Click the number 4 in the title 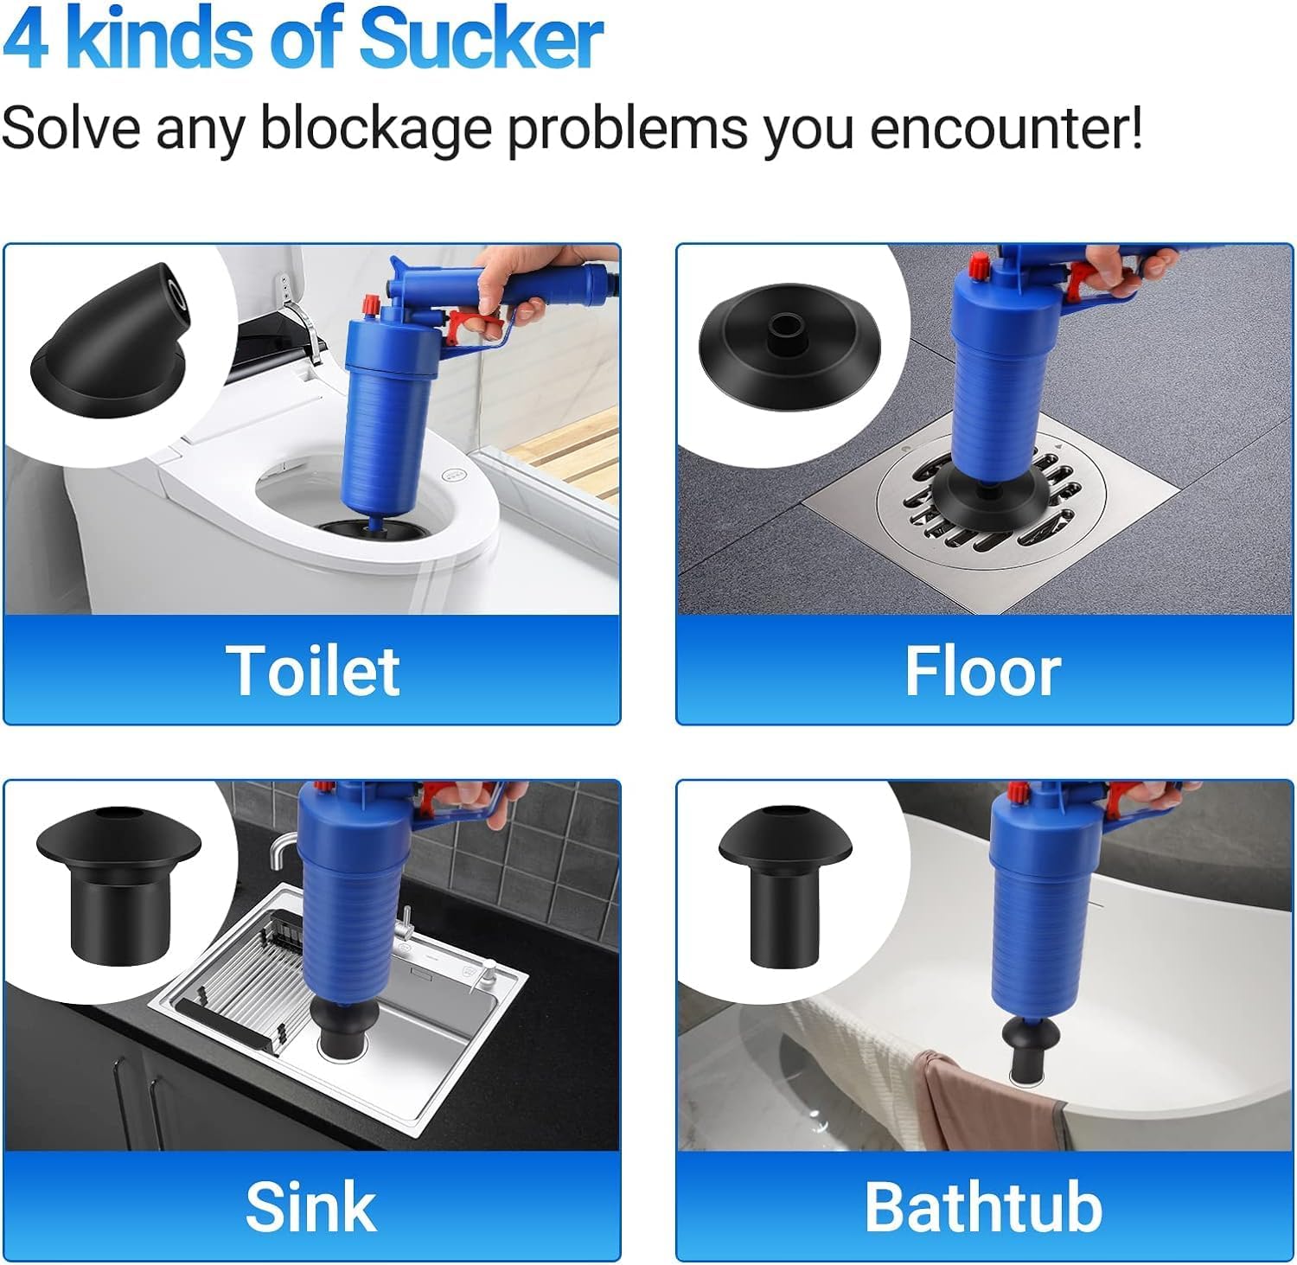(25, 40)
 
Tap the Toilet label (313, 670)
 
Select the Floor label (983, 671)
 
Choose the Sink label (311, 1206)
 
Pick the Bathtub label (984, 1206)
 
